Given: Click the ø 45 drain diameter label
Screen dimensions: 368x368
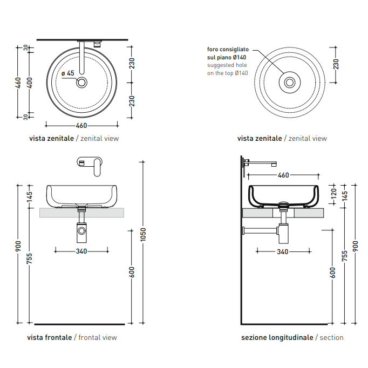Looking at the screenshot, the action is (68, 73).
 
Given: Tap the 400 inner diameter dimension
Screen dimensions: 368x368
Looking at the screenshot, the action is (30, 83).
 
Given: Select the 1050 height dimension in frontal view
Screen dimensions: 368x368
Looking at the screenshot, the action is (143, 235).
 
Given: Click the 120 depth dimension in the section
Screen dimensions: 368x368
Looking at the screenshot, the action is (333, 194).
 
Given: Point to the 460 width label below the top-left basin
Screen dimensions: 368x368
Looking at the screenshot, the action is (81, 126).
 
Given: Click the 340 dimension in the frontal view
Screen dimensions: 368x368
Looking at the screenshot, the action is (81, 251).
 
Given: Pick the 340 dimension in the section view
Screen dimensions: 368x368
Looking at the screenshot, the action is (283, 252).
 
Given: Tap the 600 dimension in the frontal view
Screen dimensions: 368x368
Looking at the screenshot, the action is (132, 272).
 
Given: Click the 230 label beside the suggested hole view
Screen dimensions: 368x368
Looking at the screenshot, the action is (336, 64).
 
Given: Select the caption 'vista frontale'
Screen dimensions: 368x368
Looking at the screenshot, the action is (50, 337).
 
